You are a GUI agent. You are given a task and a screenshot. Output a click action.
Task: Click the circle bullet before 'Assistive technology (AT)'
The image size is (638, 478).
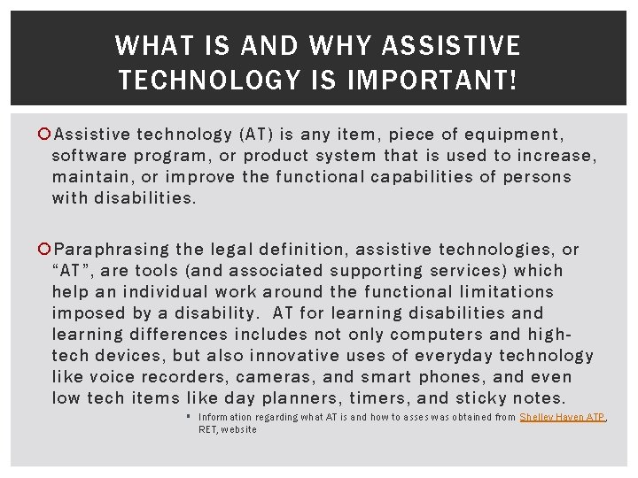(46, 135)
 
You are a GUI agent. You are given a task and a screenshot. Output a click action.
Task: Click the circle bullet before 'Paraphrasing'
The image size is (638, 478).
(46, 250)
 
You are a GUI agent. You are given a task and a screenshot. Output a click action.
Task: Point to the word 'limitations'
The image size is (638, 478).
(504, 292)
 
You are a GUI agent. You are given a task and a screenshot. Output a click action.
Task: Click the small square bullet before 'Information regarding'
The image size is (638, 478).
(189, 416)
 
